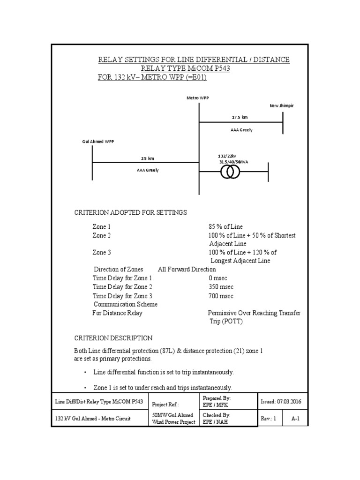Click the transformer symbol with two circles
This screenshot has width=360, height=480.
tap(230, 172)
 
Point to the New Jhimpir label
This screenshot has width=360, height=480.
tap(281, 106)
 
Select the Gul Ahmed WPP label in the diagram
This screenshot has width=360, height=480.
tap(97, 141)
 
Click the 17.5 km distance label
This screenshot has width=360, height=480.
tap(240, 117)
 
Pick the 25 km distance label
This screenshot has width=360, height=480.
tap(148, 158)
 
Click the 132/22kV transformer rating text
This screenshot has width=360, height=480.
tap(227, 156)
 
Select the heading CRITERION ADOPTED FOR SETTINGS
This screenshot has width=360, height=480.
tap(131, 212)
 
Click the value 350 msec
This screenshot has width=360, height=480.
tap(221, 286)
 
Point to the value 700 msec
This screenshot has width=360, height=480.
tap(221, 296)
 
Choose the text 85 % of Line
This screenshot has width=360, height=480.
tap(225, 227)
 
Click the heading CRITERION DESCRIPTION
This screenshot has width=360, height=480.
tap(113, 338)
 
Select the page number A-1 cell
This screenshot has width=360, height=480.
tap(295, 419)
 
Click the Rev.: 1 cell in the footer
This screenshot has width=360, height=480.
tap(270, 419)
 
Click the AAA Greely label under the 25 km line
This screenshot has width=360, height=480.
tap(148, 170)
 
